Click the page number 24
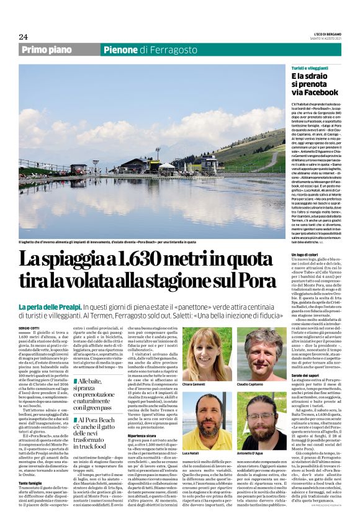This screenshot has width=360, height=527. [x=23, y=37]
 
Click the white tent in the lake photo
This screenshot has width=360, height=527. [x=167, y=166]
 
